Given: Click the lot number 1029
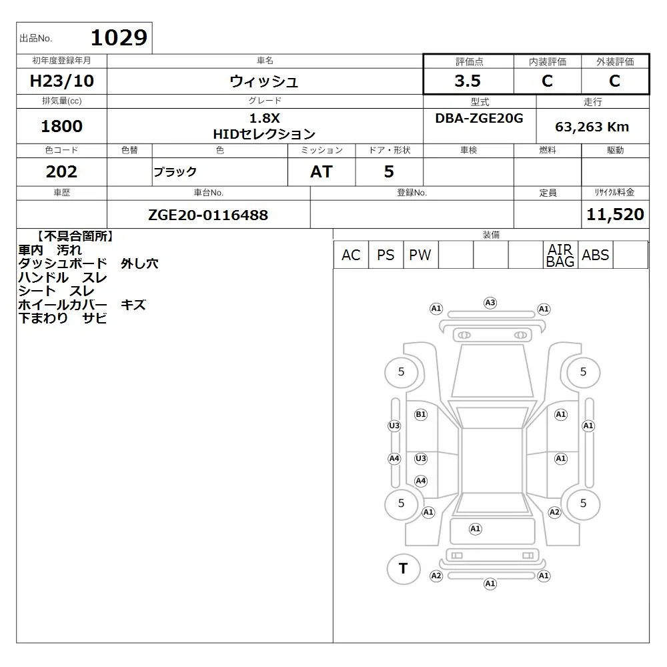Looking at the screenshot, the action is coord(119,38).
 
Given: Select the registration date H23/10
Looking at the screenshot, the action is coord(61,81).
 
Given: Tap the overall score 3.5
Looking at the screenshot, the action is coord(468,81).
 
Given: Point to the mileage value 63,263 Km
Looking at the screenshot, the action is coord(592,127).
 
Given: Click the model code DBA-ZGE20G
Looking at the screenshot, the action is coord(479,118).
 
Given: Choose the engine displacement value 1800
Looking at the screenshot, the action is coord(61,126).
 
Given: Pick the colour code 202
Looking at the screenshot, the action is coord(61,171).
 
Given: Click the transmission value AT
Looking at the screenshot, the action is coord(321,171).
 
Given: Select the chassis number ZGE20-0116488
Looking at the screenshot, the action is coord(208,215).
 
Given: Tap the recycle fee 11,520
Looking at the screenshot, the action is coord(615,214).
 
